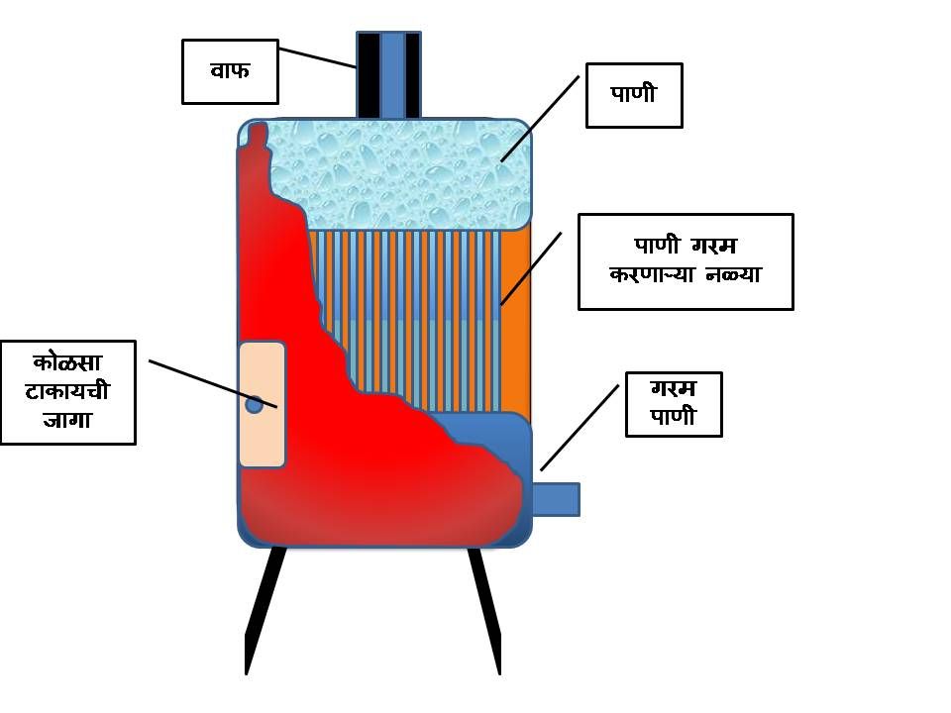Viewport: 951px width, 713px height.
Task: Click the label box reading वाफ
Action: [229, 70]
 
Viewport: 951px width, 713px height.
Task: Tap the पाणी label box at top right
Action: [634, 95]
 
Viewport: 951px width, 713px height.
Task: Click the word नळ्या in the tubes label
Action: [732, 274]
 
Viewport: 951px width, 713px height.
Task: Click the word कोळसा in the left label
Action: [67, 363]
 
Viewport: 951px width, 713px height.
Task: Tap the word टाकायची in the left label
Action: [67, 392]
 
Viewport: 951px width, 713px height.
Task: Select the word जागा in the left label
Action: [67, 421]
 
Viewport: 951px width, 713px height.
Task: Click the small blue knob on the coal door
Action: [254, 404]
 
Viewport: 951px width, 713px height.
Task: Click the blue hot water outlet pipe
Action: [556, 499]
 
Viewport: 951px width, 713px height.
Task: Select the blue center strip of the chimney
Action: [392, 74]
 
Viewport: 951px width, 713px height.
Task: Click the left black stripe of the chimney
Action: [368, 74]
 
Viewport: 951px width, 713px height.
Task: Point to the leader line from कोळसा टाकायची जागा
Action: [212, 383]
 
